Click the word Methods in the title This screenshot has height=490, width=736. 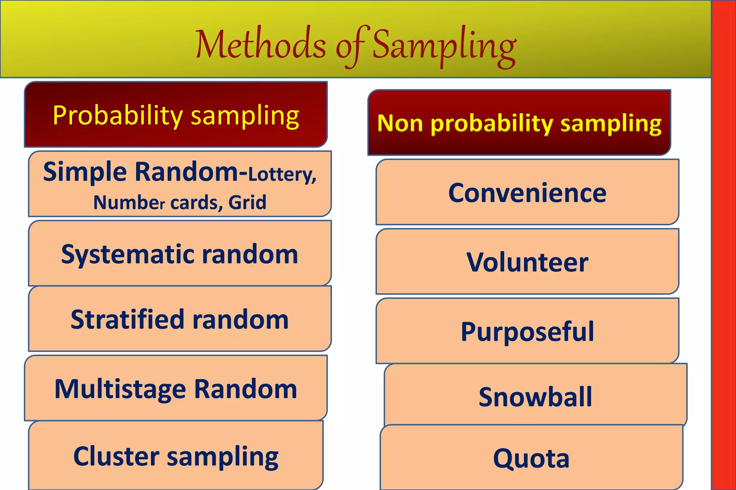(260, 45)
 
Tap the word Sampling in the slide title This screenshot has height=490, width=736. (444, 47)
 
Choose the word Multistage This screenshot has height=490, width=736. (120, 389)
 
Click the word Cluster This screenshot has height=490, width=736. (116, 456)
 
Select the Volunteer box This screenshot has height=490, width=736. (527, 262)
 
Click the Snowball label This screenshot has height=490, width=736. (535, 397)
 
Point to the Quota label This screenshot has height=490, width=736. (531, 458)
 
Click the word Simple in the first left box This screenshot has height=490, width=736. (85, 172)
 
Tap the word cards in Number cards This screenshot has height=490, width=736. (194, 203)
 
